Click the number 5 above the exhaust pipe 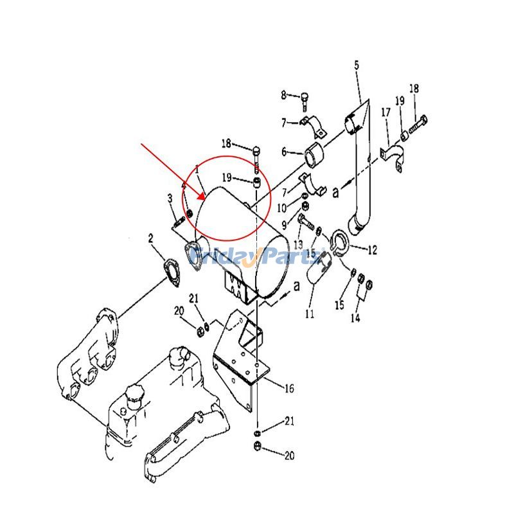point(357,64)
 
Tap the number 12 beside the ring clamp point(373,249)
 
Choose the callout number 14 point(355,318)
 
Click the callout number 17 point(386,112)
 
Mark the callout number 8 point(284,96)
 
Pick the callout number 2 point(150,239)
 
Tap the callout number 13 point(298,245)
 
